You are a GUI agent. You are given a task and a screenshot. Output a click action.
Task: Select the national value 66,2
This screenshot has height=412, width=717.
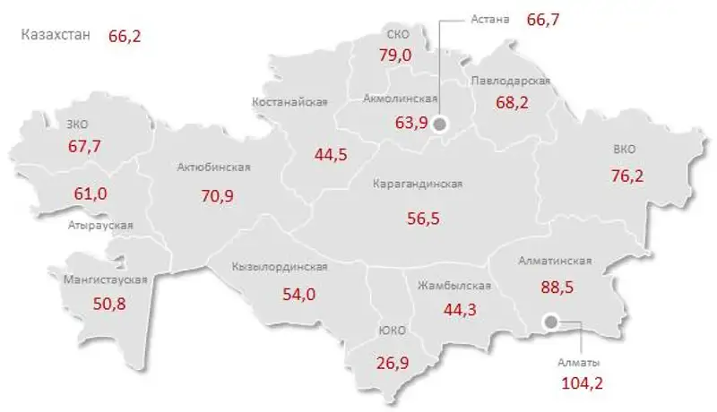pos(125,36)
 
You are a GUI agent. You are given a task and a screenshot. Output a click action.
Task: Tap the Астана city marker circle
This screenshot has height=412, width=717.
pos(439,124)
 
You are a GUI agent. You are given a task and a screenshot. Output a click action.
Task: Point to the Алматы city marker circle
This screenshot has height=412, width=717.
pos(550,320)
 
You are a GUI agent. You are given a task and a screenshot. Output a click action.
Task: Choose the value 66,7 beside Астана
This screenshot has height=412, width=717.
pos(543,19)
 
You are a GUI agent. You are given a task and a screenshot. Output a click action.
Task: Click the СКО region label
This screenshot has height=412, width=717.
pos(398,34)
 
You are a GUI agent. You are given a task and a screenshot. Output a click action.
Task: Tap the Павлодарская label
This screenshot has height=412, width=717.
pos(510,81)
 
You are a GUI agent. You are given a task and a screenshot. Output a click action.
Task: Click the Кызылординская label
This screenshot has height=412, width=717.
pos(279,267)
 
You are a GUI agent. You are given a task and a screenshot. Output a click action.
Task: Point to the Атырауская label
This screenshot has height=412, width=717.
pos(100,225)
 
